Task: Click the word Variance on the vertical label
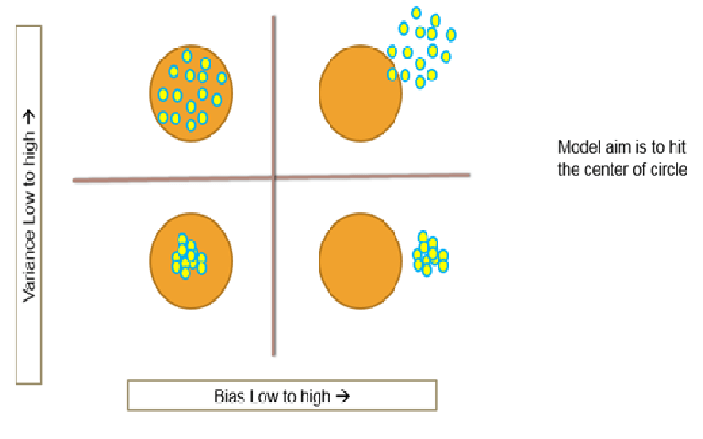29,266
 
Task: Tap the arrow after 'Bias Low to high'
342,396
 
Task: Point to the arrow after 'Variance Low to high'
29,117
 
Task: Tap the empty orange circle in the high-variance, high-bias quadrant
361,93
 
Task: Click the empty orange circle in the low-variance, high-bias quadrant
361,262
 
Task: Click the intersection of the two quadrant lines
275,177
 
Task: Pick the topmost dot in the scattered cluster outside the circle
416,13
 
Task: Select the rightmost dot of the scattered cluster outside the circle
451,35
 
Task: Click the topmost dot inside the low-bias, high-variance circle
188,56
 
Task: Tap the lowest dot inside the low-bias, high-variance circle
191,124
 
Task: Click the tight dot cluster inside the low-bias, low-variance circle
189,256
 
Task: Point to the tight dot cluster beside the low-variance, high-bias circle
430,253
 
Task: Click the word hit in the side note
677,147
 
